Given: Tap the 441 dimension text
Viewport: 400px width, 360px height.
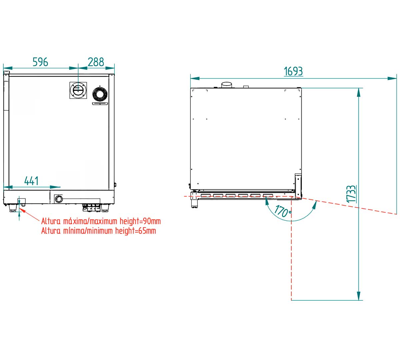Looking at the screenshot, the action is pos(31,181).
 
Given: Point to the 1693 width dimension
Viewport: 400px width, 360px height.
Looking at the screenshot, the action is pos(293,71).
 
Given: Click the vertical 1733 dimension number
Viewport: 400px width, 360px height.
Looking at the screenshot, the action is pos(351,194).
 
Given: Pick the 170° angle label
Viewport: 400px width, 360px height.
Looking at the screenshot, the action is pos(283,211).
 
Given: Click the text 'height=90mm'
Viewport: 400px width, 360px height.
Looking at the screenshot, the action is pos(140,221).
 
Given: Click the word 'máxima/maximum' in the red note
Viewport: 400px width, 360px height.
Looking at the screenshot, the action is pos(90,221).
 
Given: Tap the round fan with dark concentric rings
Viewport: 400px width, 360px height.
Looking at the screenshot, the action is pos(100,94).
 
